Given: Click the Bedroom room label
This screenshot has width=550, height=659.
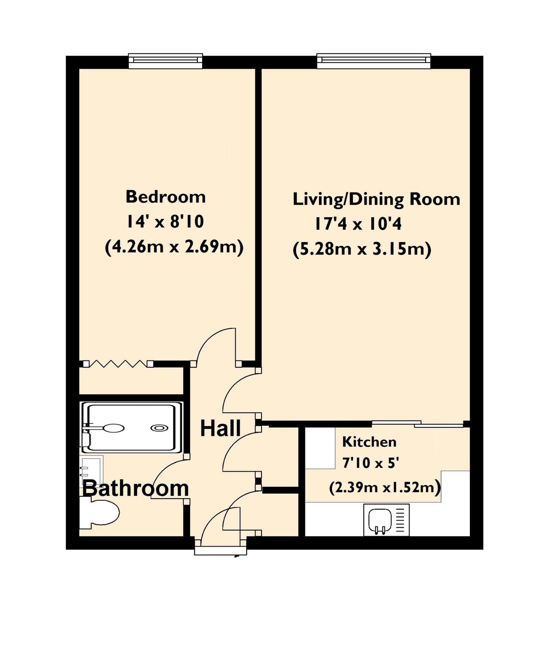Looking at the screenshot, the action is click(166, 197).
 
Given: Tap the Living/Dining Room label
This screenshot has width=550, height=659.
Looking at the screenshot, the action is click(376, 199).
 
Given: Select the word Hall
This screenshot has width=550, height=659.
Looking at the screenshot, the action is click(220, 428).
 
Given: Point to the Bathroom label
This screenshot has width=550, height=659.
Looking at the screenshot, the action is click(135, 488).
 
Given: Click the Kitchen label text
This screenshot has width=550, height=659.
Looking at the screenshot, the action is click(369, 442).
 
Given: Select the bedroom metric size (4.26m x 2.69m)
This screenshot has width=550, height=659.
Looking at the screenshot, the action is click(174, 247).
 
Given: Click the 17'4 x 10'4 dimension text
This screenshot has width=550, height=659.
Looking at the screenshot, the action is click(358, 224).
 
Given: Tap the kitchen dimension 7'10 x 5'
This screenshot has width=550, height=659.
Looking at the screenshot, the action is click(371, 463).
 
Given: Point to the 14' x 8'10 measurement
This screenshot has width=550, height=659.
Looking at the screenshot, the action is click(165, 221).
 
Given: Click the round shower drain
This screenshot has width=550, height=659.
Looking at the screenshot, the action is click(159, 428).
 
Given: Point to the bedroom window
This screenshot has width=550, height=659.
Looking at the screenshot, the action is click(165, 61).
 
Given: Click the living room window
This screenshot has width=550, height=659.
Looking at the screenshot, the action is click(374, 61).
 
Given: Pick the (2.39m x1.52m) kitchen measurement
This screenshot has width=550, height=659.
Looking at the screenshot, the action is click(385, 487).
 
